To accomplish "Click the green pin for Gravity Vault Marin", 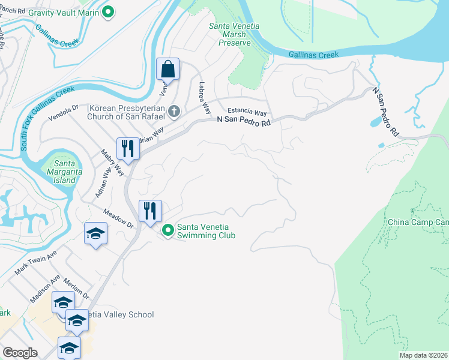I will tap(108, 11).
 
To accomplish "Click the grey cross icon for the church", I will tap(174, 111).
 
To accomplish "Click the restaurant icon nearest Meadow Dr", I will tap(150, 211).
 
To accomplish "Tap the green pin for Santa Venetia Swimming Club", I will tap(168, 229).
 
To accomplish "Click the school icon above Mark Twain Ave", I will tap(95, 233).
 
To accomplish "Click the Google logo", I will tap(20, 352).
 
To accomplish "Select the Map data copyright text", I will tap(424, 355).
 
